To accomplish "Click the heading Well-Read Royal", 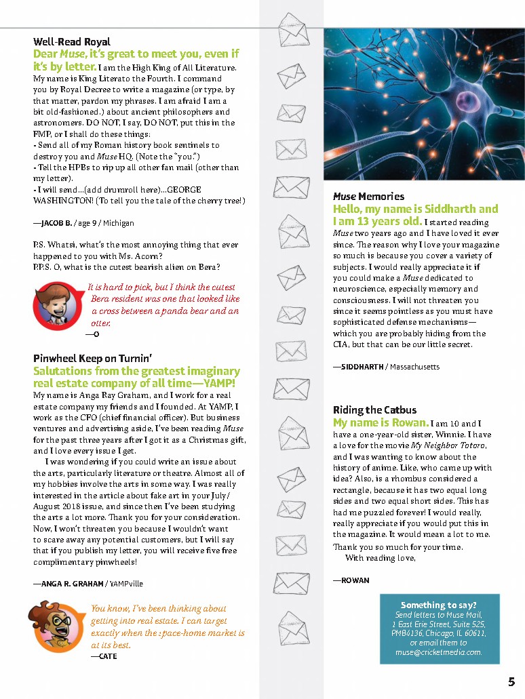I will pyautogui.click(x=72, y=42).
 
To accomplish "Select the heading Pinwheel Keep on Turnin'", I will pyautogui.click(x=92, y=358).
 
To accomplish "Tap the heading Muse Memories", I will pyautogui.click(x=368, y=196).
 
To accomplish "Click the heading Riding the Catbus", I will pyautogui.click(x=374, y=410).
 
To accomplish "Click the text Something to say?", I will pyautogui.click(x=438, y=605).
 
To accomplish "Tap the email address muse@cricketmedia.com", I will pyautogui.click(x=439, y=652).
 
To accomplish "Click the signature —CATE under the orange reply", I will pyautogui.click(x=104, y=656).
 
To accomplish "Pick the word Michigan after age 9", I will pyautogui.click(x=119, y=223).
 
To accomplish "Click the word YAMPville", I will pyautogui.click(x=127, y=583).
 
